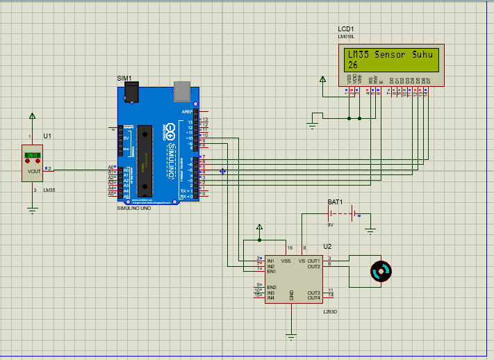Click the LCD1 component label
[346, 28]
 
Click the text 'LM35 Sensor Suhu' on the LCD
[389, 54]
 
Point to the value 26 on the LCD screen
[353, 65]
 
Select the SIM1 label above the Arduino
[124, 79]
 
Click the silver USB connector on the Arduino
[181, 90]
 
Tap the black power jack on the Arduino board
[129, 92]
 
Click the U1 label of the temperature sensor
[47, 135]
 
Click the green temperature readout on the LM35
[32, 155]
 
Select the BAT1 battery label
[336, 202]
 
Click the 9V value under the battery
[331, 224]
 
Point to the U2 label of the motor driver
[327, 247]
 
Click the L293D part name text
[329, 312]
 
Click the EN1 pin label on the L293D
[271, 271]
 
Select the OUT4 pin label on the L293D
[313, 297]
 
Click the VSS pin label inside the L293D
[286, 261]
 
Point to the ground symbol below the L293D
[291, 336]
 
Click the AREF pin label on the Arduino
[187, 111]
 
